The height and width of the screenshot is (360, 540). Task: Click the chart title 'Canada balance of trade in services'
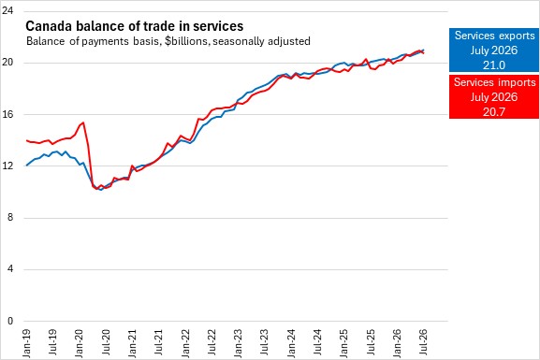pyautogui.click(x=135, y=26)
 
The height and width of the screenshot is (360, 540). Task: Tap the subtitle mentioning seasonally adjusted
pyautogui.click(x=168, y=41)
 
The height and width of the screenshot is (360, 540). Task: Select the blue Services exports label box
pyautogui.click(x=494, y=50)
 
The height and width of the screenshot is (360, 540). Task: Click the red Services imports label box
pyautogui.click(x=494, y=96)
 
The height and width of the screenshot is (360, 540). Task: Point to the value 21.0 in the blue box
pyautogui.click(x=494, y=65)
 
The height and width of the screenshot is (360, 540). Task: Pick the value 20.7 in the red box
pyautogui.click(x=494, y=112)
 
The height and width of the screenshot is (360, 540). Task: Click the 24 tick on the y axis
pyautogui.click(x=7, y=10)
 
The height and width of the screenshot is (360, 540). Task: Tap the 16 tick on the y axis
pyautogui.click(x=7, y=114)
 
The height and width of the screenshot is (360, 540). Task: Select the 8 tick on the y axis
pyautogui.click(x=10, y=218)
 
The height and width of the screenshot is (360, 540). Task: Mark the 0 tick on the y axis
pyautogui.click(x=10, y=321)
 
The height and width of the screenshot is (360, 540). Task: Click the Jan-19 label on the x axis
pyautogui.click(x=26, y=343)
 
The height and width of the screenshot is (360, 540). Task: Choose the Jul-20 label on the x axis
pyautogui.click(x=106, y=343)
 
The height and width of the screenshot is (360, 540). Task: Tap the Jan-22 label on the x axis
pyautogui.click(x=185, y=343)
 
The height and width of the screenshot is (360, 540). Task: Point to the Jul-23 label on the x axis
pyautogui.click(x=265, y=343)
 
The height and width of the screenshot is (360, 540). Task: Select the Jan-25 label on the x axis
pyautogui.click(x=344, y=343)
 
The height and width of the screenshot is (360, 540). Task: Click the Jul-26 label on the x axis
pyautogui.click(x=423, y=343)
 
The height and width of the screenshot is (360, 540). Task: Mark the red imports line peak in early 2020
pyautogui.click(x=83, y=122)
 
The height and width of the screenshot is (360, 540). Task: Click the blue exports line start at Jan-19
pyautogui.click(x=26, y=166)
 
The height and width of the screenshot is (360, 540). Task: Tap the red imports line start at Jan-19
pyautogui.click(x=26, y=140)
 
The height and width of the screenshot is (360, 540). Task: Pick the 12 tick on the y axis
pyautogui.click(x=7, y=166)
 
